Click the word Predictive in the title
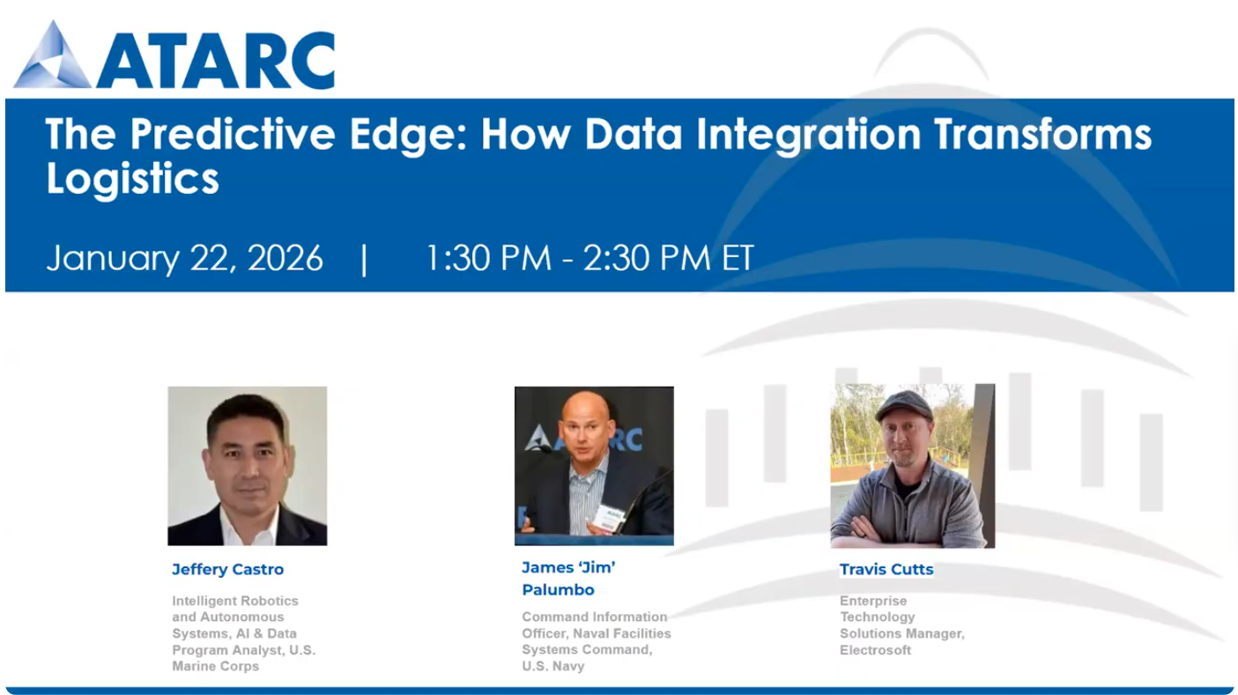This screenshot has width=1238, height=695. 233,134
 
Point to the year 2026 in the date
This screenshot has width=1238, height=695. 285,257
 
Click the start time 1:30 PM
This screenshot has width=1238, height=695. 489,257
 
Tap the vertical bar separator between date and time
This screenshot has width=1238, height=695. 364,259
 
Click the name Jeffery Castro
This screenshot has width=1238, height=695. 227,569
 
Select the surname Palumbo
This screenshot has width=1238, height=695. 559,590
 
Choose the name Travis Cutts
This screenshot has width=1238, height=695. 886,569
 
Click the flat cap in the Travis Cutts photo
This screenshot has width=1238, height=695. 904,406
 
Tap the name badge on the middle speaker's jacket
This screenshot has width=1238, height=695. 610,518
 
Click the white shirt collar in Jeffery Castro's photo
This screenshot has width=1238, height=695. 247,525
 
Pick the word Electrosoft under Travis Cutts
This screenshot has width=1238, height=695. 876,650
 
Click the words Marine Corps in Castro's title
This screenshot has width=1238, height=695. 216,666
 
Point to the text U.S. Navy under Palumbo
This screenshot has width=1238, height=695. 553,666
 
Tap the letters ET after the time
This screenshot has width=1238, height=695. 738,257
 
